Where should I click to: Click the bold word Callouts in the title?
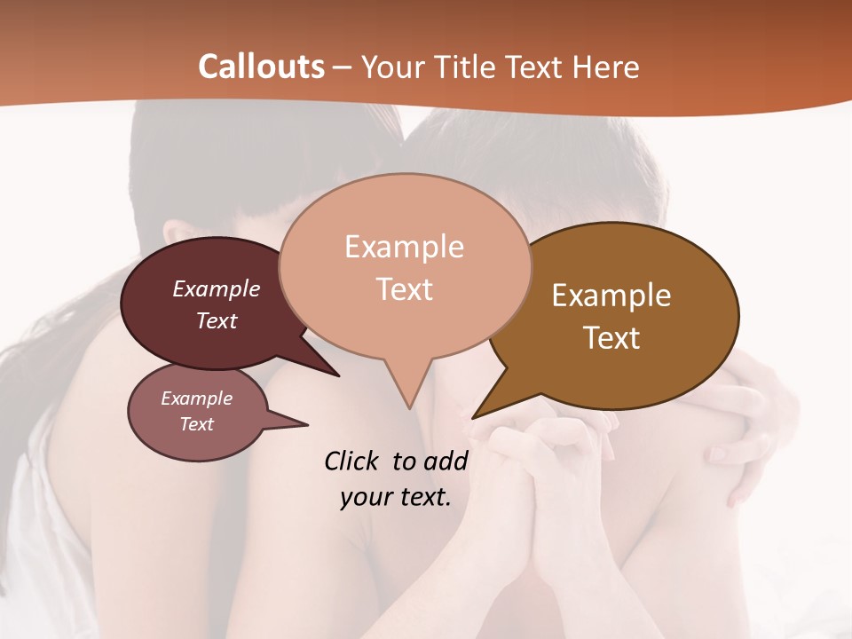coord(261,67)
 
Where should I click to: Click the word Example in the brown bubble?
coord(611,296)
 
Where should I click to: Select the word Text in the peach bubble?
coord(405,289)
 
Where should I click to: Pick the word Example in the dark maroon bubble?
coord(217,288)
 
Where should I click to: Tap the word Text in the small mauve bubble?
coord(197,424)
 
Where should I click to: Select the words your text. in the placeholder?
coord(396,497)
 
